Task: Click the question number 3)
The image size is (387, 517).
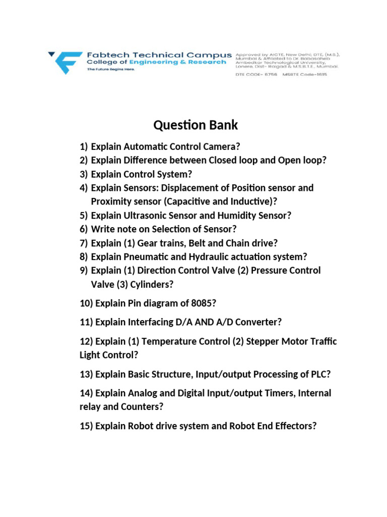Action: (x=84, y=174)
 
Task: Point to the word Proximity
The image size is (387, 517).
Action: (x=110, y=201)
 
